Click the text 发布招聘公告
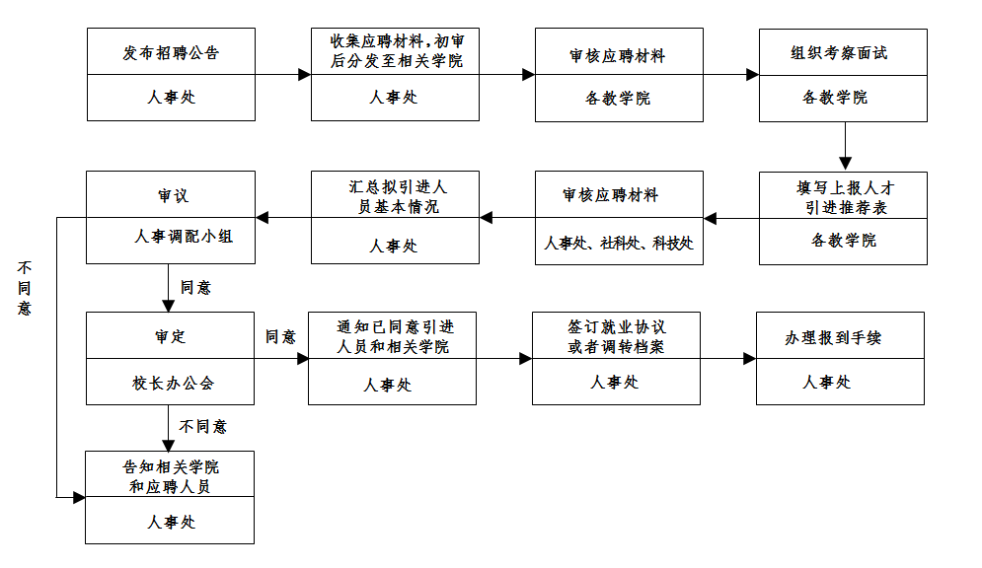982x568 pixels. [171, 53]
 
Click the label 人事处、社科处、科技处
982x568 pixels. [619, 244]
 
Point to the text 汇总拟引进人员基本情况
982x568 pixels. [394, 196]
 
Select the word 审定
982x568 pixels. [170, 336]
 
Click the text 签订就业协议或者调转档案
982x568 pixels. [616, 336]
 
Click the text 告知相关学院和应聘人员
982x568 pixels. [171, 476]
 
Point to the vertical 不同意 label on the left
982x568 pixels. [25, 288]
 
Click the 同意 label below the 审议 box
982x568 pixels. [195, 288]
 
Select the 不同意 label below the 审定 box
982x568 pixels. [203, 427]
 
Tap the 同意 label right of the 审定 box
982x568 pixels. [280, 337]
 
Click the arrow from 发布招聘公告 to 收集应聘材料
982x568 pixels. [283, 74]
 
